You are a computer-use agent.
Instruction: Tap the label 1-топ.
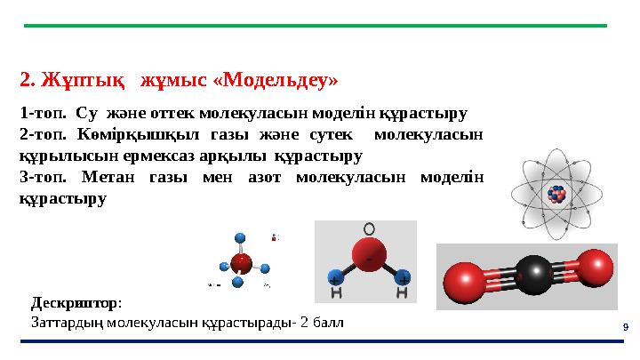click(41, 114)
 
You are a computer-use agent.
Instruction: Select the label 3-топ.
click(41, 176)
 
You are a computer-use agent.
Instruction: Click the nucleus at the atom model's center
click(557, 195)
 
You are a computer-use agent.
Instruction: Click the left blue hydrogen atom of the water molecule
click(336, 277)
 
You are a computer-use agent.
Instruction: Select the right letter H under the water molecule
click(403, 292)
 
